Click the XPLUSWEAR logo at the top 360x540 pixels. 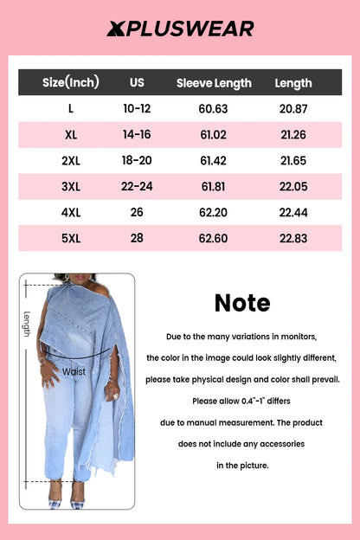tap(180, 29)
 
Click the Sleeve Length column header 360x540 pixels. tap(214, 83)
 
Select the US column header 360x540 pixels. tap(137, 83)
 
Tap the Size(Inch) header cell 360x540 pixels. tap(70, 83)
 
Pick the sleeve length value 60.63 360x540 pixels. tap(214, 109)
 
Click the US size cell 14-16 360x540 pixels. tap(137, 135)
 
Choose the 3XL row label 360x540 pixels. tap(70, 187)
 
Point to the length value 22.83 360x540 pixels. tap(293, 239)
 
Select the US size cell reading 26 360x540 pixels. tap(137, 213)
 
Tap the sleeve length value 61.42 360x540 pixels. tap(214, 161)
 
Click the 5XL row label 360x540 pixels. tap(70, 239)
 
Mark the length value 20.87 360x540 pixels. tap(293, 109)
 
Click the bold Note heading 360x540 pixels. tap(242, 303)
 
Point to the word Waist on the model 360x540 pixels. tap(74, 371)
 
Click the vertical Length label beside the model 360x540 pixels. tap(27, 324)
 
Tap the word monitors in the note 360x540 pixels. tap(296, 336)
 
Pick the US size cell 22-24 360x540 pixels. tap(137, 187)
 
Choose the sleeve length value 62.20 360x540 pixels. tap(214, 213)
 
